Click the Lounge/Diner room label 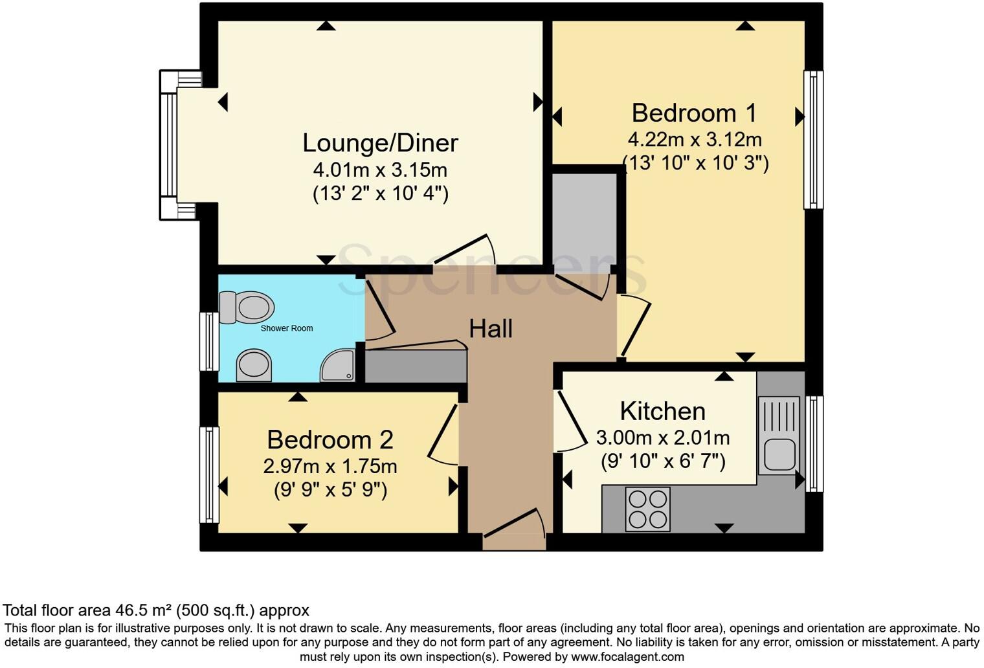tap(380, 143)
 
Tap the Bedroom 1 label tap(694, 113)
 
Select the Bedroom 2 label tap(330, 440)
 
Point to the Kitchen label tap(662, 412)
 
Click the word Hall tap(491, 329)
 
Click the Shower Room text tap(287, 328)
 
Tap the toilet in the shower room tap(247, 307)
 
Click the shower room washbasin tap(254, 365)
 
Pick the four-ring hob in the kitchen tap(647, 509)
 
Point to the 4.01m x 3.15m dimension tap(380, 170)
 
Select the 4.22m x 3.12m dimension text tap(694, 139)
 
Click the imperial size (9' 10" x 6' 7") tap(663, 462)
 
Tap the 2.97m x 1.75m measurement tap(330, 466)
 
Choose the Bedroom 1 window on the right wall tap(813, 140)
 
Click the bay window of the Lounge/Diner tap(169, 145)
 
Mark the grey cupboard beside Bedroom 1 tap(584, 217)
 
